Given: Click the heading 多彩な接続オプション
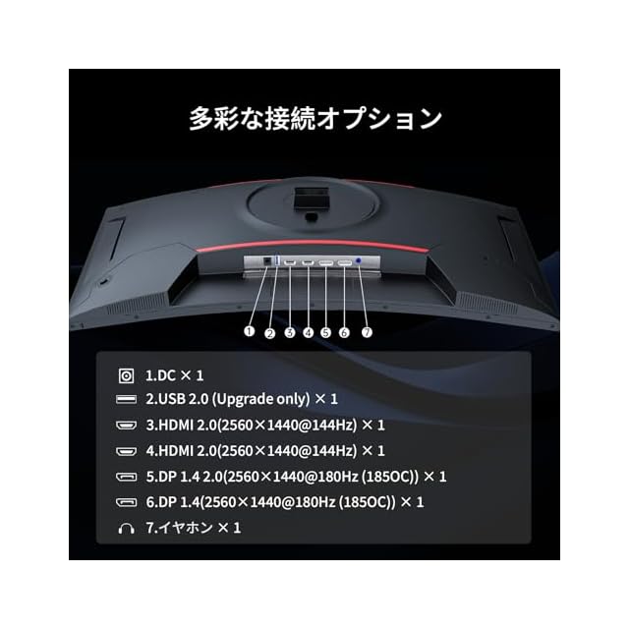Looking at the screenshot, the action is (315, 119).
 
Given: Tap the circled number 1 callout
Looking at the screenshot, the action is (249, 331).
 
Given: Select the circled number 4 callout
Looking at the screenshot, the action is (308, 332).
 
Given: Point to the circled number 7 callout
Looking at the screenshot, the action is (367, 332).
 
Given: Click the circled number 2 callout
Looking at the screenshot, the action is (270, 333).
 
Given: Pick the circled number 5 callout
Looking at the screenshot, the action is (325, 332).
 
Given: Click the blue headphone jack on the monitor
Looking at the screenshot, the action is (358, 260).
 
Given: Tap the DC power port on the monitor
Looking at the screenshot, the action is (267, 261).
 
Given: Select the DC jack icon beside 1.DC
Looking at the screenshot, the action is (126, 376).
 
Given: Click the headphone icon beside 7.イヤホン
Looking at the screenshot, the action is (126, 529).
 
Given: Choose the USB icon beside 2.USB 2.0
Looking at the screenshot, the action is (126, 400).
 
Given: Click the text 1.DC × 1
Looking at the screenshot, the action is (175, 375).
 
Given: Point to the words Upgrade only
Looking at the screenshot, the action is (260, 399).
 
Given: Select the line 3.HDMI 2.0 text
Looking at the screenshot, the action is (265, 426).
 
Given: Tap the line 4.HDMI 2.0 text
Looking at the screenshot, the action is (265, 451).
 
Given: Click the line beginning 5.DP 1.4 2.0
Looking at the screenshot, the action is (296, 477).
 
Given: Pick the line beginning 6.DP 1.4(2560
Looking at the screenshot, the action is (285, 502).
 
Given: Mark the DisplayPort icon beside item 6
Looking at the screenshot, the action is (126, 502).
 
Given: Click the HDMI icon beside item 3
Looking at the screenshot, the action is (126, 426).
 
